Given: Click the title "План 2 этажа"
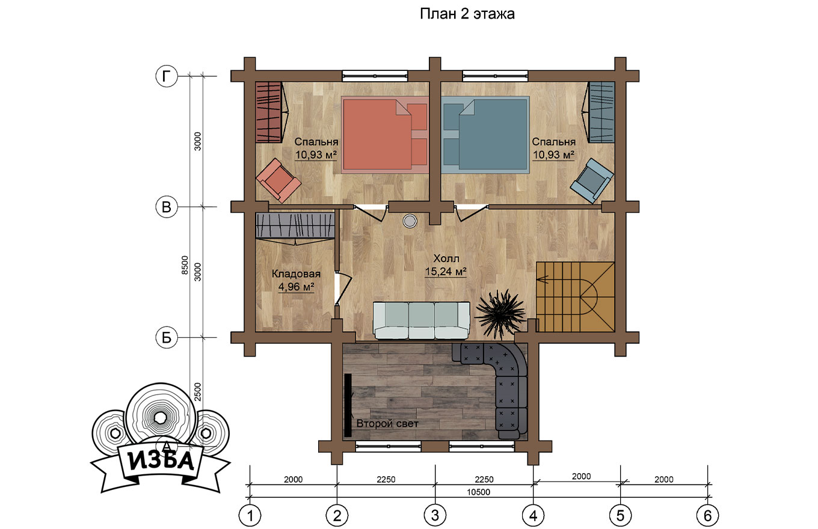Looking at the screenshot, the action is [x=467, y=14].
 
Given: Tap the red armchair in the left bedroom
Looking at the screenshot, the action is [x=278, y=180].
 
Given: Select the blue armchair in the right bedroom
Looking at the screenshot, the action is [x=592, y=180].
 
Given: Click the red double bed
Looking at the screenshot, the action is [x=384, y=134].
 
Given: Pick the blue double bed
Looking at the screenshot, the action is [x=485, y=134].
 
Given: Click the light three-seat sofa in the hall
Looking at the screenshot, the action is [x=422, y=320].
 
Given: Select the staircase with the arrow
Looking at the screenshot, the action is [x=575, y=297].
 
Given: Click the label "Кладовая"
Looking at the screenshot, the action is [x=296, y=274].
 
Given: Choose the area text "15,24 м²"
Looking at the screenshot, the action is [x=446, y=272].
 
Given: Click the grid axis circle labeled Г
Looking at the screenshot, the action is [x=167, y=76].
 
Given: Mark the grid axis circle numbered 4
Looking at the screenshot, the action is [x=533, y=516].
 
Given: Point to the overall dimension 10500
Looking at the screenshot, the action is [x=478, y=492].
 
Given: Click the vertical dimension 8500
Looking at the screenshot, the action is [x=185, y=266].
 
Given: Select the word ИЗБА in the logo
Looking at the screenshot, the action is [x=161, y=462].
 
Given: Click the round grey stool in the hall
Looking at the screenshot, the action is [x=410, y=221].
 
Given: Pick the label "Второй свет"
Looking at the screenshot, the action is [x=387, y=423].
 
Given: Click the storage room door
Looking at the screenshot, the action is [x=343, y=289].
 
